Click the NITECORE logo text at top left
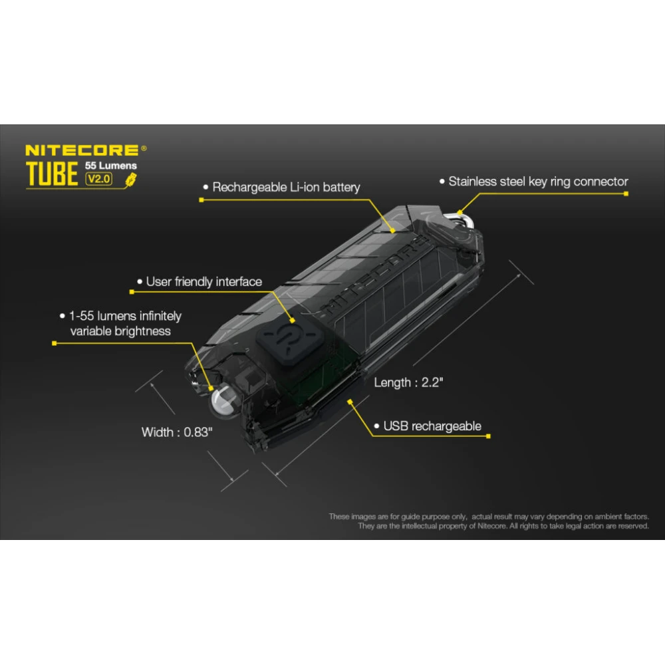[82, 150]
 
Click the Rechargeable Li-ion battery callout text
[286, 187]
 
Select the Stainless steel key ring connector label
[538, 181]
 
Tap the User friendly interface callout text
[203, 282]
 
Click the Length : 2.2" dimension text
[408, 382]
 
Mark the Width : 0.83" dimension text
[177, 432]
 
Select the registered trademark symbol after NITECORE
[144, 149]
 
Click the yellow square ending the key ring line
[626, 194]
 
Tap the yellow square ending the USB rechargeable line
[489, 437]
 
